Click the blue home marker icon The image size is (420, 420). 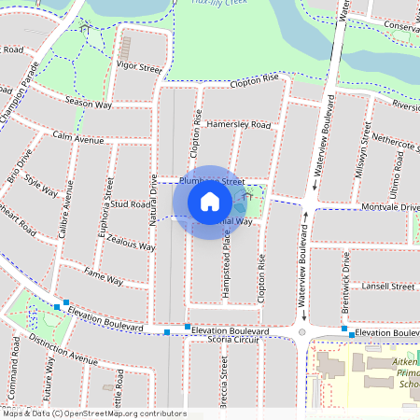tap(210, 202)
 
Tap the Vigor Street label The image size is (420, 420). tap(138, 68)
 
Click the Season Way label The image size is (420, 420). tap(89, 103)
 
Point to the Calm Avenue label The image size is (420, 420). tap(78, 138)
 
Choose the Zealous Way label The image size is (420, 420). tap(131, 243)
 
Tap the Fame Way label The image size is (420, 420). tap(103, 276)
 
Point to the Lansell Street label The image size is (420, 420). tap(388, 286)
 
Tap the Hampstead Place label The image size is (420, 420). tap(225, 271)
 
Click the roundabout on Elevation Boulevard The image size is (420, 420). tap(301, 331)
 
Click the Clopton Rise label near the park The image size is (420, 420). tap(252, 81)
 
